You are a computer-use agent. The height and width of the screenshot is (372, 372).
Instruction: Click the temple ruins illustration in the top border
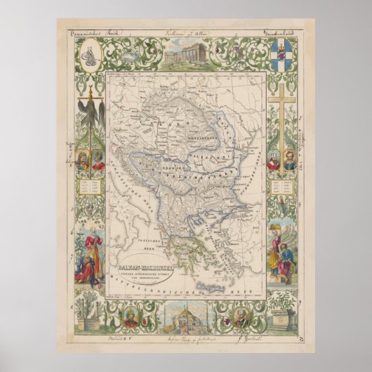tap(185, 51)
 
